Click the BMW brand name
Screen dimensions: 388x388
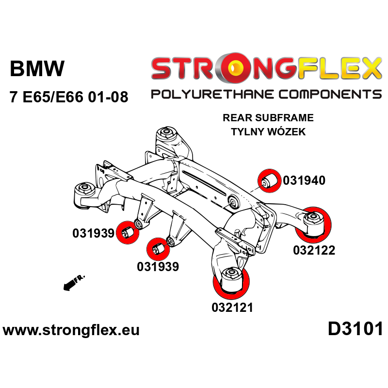pos(37,69)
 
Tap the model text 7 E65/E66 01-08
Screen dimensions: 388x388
pos(69,97)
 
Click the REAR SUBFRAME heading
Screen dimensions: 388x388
pos(268,118)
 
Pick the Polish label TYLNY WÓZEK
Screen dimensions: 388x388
pos(268,132)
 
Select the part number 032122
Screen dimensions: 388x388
pos(314,251)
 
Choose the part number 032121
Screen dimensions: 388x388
pos(232,307)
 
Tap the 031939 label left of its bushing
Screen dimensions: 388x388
pos(93,233)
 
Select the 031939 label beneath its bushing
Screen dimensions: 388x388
pos(158,266)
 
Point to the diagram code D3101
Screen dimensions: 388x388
pos(356,329)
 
